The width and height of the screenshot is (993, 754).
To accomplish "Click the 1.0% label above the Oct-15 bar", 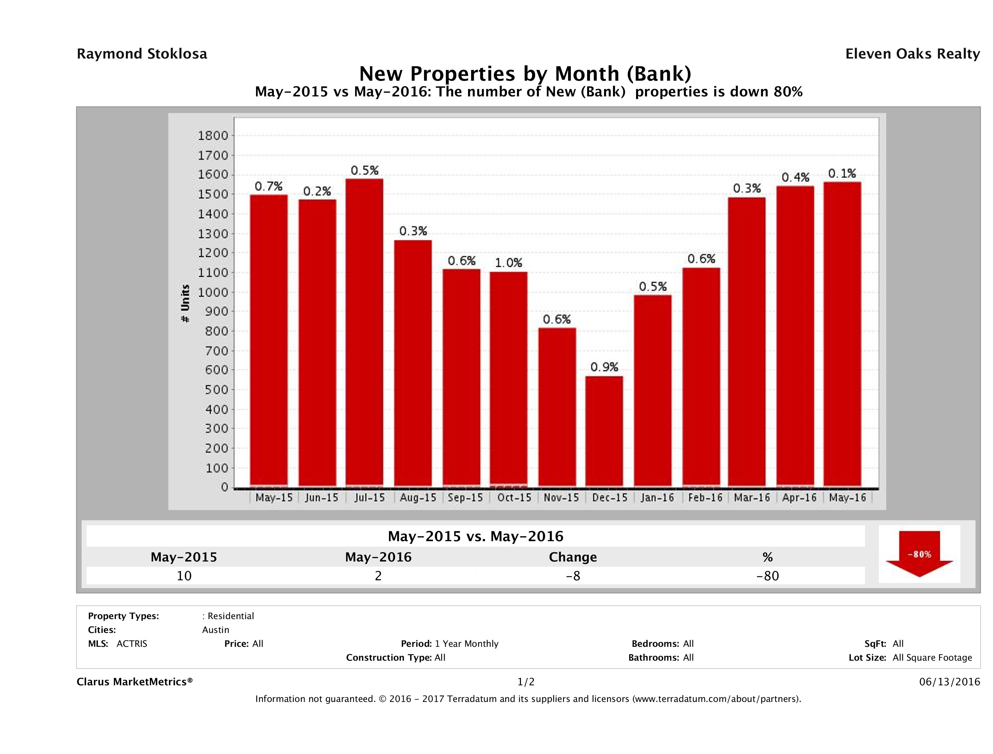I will (x=509, y=263).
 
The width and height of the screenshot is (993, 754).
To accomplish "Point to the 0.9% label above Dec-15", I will (x=604, y=367).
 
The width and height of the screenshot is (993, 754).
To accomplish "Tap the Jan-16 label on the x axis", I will (x=657, y=497).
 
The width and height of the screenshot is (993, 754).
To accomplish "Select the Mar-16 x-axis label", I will (x=752, y=497).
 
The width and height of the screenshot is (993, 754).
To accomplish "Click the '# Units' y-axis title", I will (x=185, y=303).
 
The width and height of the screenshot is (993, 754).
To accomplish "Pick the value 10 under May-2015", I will (x=184, y=576).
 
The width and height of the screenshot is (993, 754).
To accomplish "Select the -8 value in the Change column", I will (x=573, y=576).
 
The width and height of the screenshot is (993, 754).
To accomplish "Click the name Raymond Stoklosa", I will (x=142, y=54).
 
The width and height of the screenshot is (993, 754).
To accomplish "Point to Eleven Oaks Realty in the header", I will (x=912, y=54).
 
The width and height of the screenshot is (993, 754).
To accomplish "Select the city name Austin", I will (x=215, y=630).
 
